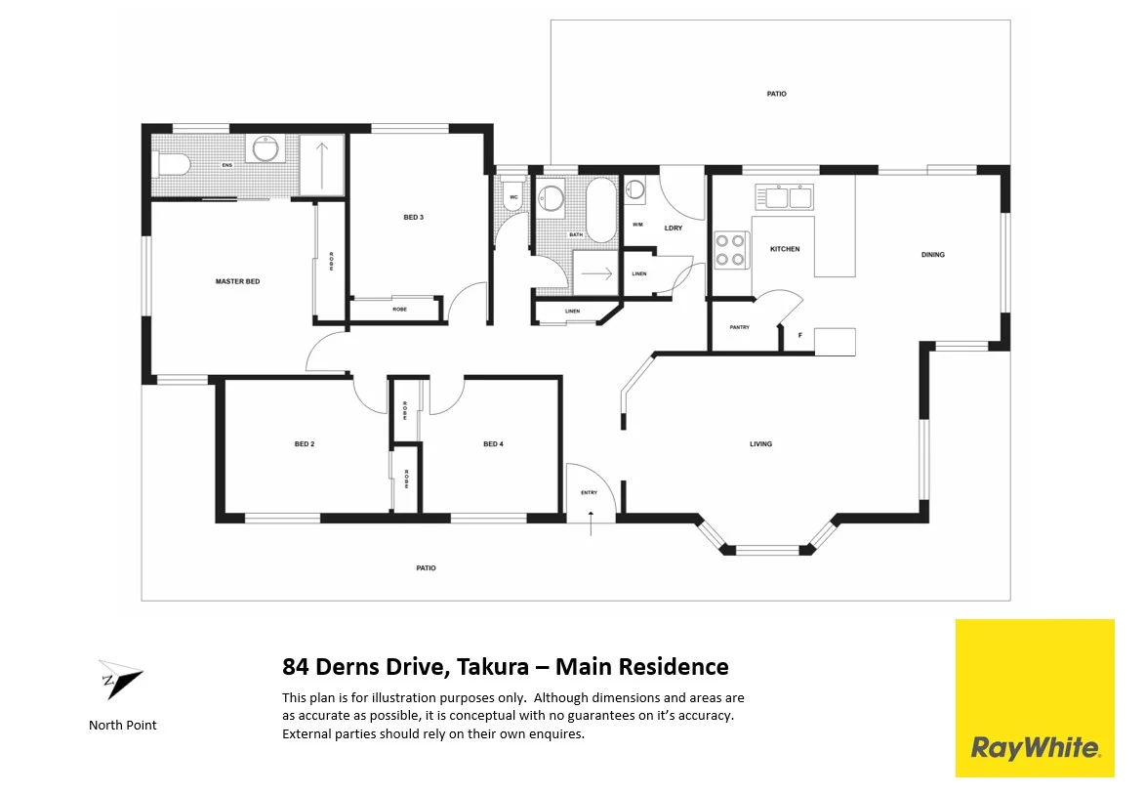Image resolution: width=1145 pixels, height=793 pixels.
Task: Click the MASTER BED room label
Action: point(237,281)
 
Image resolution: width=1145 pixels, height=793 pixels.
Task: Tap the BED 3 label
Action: point(413,217)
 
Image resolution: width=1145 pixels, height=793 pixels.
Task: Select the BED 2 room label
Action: point(305,444)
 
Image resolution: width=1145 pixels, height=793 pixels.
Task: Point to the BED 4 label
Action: point(493,444)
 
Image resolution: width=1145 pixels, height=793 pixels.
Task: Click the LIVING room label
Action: point(760,444)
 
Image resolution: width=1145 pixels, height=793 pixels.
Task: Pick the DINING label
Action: point(932,255)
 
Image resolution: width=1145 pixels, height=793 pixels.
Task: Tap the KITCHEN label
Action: point(785,249)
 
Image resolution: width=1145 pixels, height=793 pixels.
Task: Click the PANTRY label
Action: point(740,327)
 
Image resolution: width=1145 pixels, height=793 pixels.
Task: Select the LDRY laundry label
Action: point(673,229)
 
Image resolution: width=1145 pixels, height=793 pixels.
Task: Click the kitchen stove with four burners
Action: point(730,249)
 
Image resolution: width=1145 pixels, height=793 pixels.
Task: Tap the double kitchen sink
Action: point(789,197)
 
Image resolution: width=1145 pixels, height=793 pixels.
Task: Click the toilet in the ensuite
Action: point(172,163)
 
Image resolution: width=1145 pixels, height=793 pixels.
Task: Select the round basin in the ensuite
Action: point(265,148)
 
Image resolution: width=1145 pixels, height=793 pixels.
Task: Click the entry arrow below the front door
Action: point(591,528)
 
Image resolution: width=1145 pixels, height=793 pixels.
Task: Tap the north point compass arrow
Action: point(119,679)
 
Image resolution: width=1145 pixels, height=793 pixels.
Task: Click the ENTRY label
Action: point(589,493)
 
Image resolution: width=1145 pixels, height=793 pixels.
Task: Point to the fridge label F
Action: point(800,336)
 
